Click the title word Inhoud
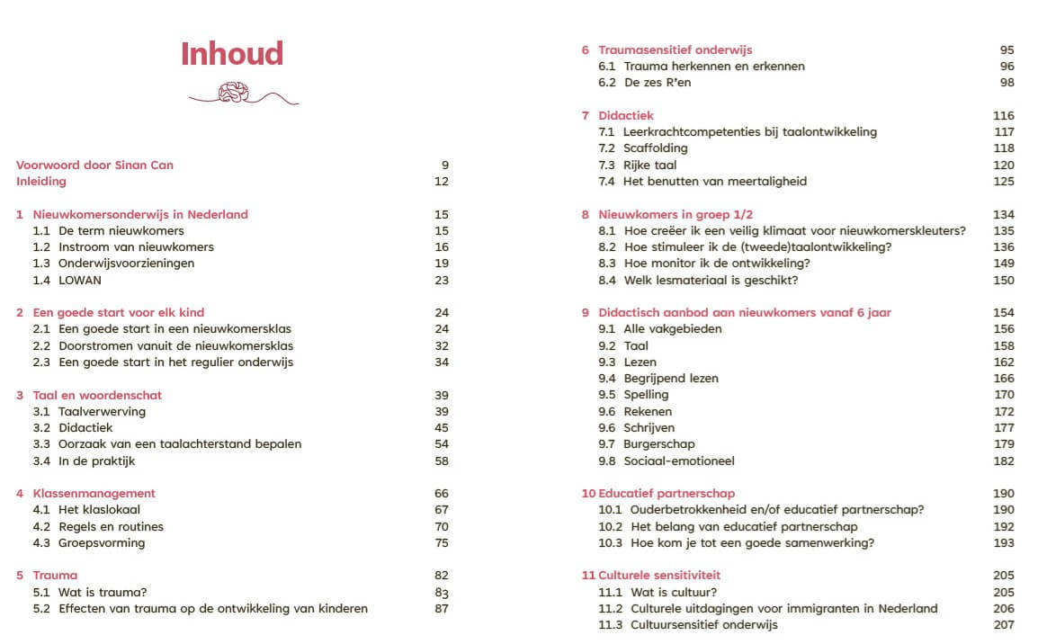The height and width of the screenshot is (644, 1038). (231, 54)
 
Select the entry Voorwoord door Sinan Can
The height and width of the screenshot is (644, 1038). (94, 165)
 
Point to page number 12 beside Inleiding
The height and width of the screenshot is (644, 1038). (441, 181)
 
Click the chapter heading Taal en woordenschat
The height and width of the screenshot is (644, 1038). (97, 395)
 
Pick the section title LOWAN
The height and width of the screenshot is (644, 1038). (80, 280)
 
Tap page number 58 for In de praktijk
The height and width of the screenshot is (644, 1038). (441, 461)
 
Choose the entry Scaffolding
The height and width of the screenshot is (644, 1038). (655, 148)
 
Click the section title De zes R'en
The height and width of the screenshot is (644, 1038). (658, 82)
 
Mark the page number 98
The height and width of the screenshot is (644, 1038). (1007, 82)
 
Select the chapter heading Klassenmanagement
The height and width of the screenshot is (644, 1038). (94, 493)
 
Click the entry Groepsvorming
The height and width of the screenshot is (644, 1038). (102, 542)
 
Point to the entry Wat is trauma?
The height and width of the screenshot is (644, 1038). (102, 592)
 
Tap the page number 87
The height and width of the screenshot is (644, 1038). (441, 608)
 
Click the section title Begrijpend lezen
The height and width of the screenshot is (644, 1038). (671, 378)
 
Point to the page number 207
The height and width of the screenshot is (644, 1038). (1004, 624)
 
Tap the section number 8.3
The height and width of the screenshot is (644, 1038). (607, 263)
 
